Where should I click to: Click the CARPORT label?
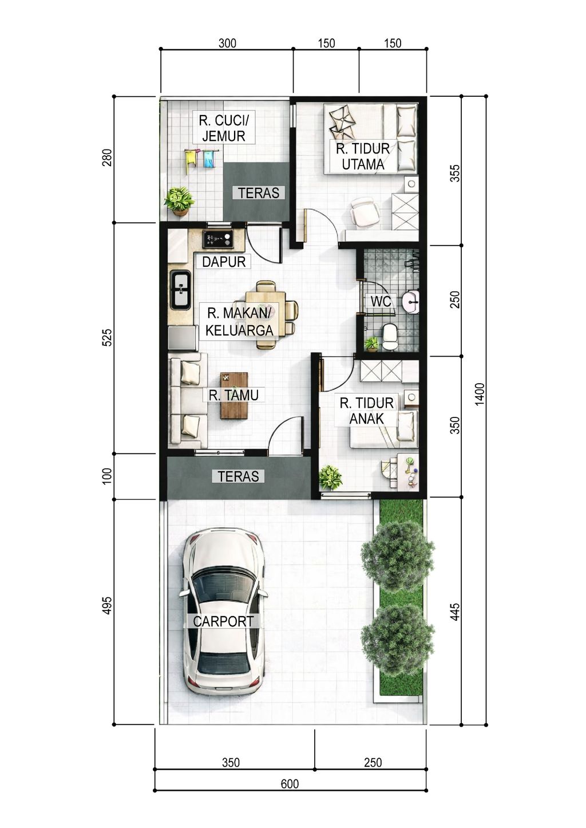[223, 621]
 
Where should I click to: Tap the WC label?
[381, 301]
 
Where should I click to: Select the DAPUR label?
[224, 262]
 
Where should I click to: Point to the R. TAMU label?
[233, 395]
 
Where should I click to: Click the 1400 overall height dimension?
[479, 395]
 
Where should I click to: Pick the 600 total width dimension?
[290, 784]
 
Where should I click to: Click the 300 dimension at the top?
[227, 44]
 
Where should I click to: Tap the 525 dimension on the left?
[106, 337]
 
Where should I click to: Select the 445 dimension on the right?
[455, 612]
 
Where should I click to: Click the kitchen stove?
[218, 239]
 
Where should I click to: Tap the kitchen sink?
[180, 290]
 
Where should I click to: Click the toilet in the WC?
[390, 337]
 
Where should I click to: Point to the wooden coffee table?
[234, 396]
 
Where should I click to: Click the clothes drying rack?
[201, 160]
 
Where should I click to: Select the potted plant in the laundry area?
[180, 201]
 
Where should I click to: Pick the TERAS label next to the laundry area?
[259, 192]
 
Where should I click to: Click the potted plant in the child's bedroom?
[330, 478]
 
